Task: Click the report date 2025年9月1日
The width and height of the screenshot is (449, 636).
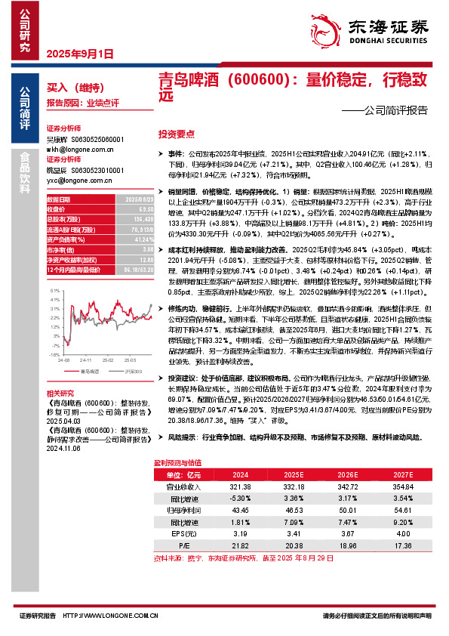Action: pyautogui.click(x=80, y=54)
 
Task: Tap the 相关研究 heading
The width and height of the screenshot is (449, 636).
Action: pyautogui.click(x=60, y=394)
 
